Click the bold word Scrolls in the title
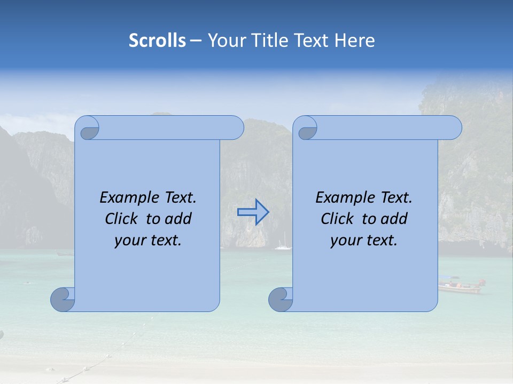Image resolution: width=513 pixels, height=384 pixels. click(158, 41)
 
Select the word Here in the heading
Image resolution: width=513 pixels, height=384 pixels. click(355, 41)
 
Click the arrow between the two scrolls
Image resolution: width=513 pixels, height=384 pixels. click(253, 212)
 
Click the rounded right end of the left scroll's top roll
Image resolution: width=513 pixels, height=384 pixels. click(235, 127)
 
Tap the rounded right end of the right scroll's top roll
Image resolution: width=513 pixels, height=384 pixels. click(453, 127)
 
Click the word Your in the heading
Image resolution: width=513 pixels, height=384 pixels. click(224, 41)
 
